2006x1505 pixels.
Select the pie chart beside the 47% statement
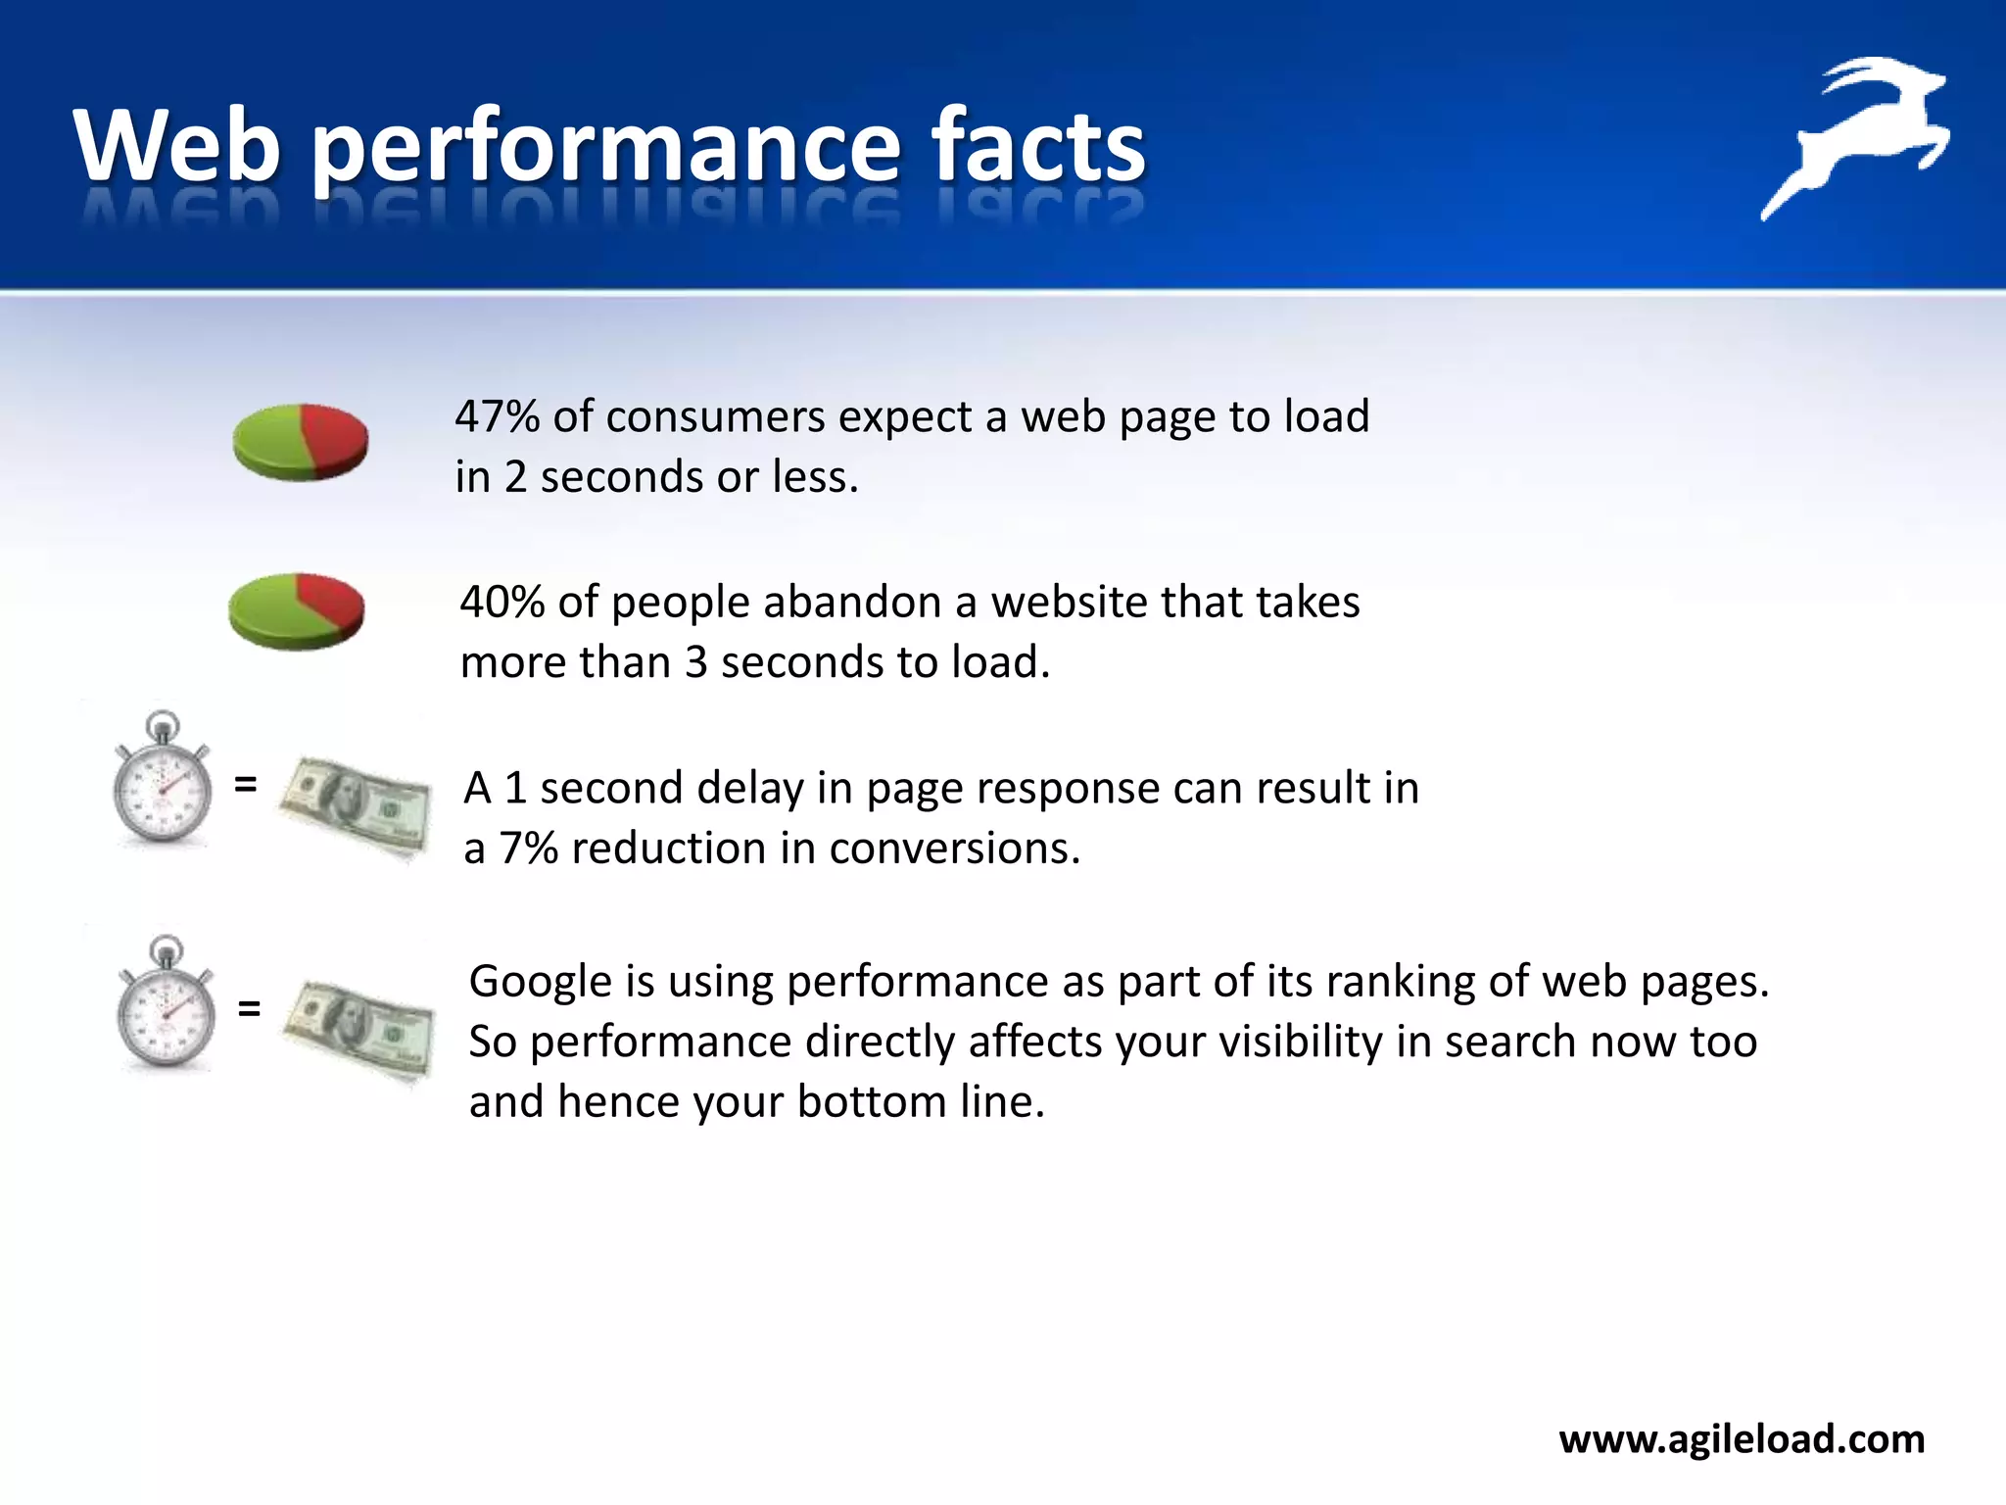pyautogui.click(x=301, y=442)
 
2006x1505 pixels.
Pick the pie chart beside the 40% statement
pyautogui.click(x=297, y=611)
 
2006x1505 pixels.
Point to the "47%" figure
pyautogui.click(x=497, y=416)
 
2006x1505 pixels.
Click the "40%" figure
pyautogui.click(x=501, y=602)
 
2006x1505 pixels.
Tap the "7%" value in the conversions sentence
pyautogui.click(x=528, y=849)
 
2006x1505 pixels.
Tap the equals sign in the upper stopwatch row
pyautogui.click(x=246, y=784)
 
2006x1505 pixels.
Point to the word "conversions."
pyautogui.click(x=955, y=849)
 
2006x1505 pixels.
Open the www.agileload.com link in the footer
pyautogui.click(x=1742, y=1439)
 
